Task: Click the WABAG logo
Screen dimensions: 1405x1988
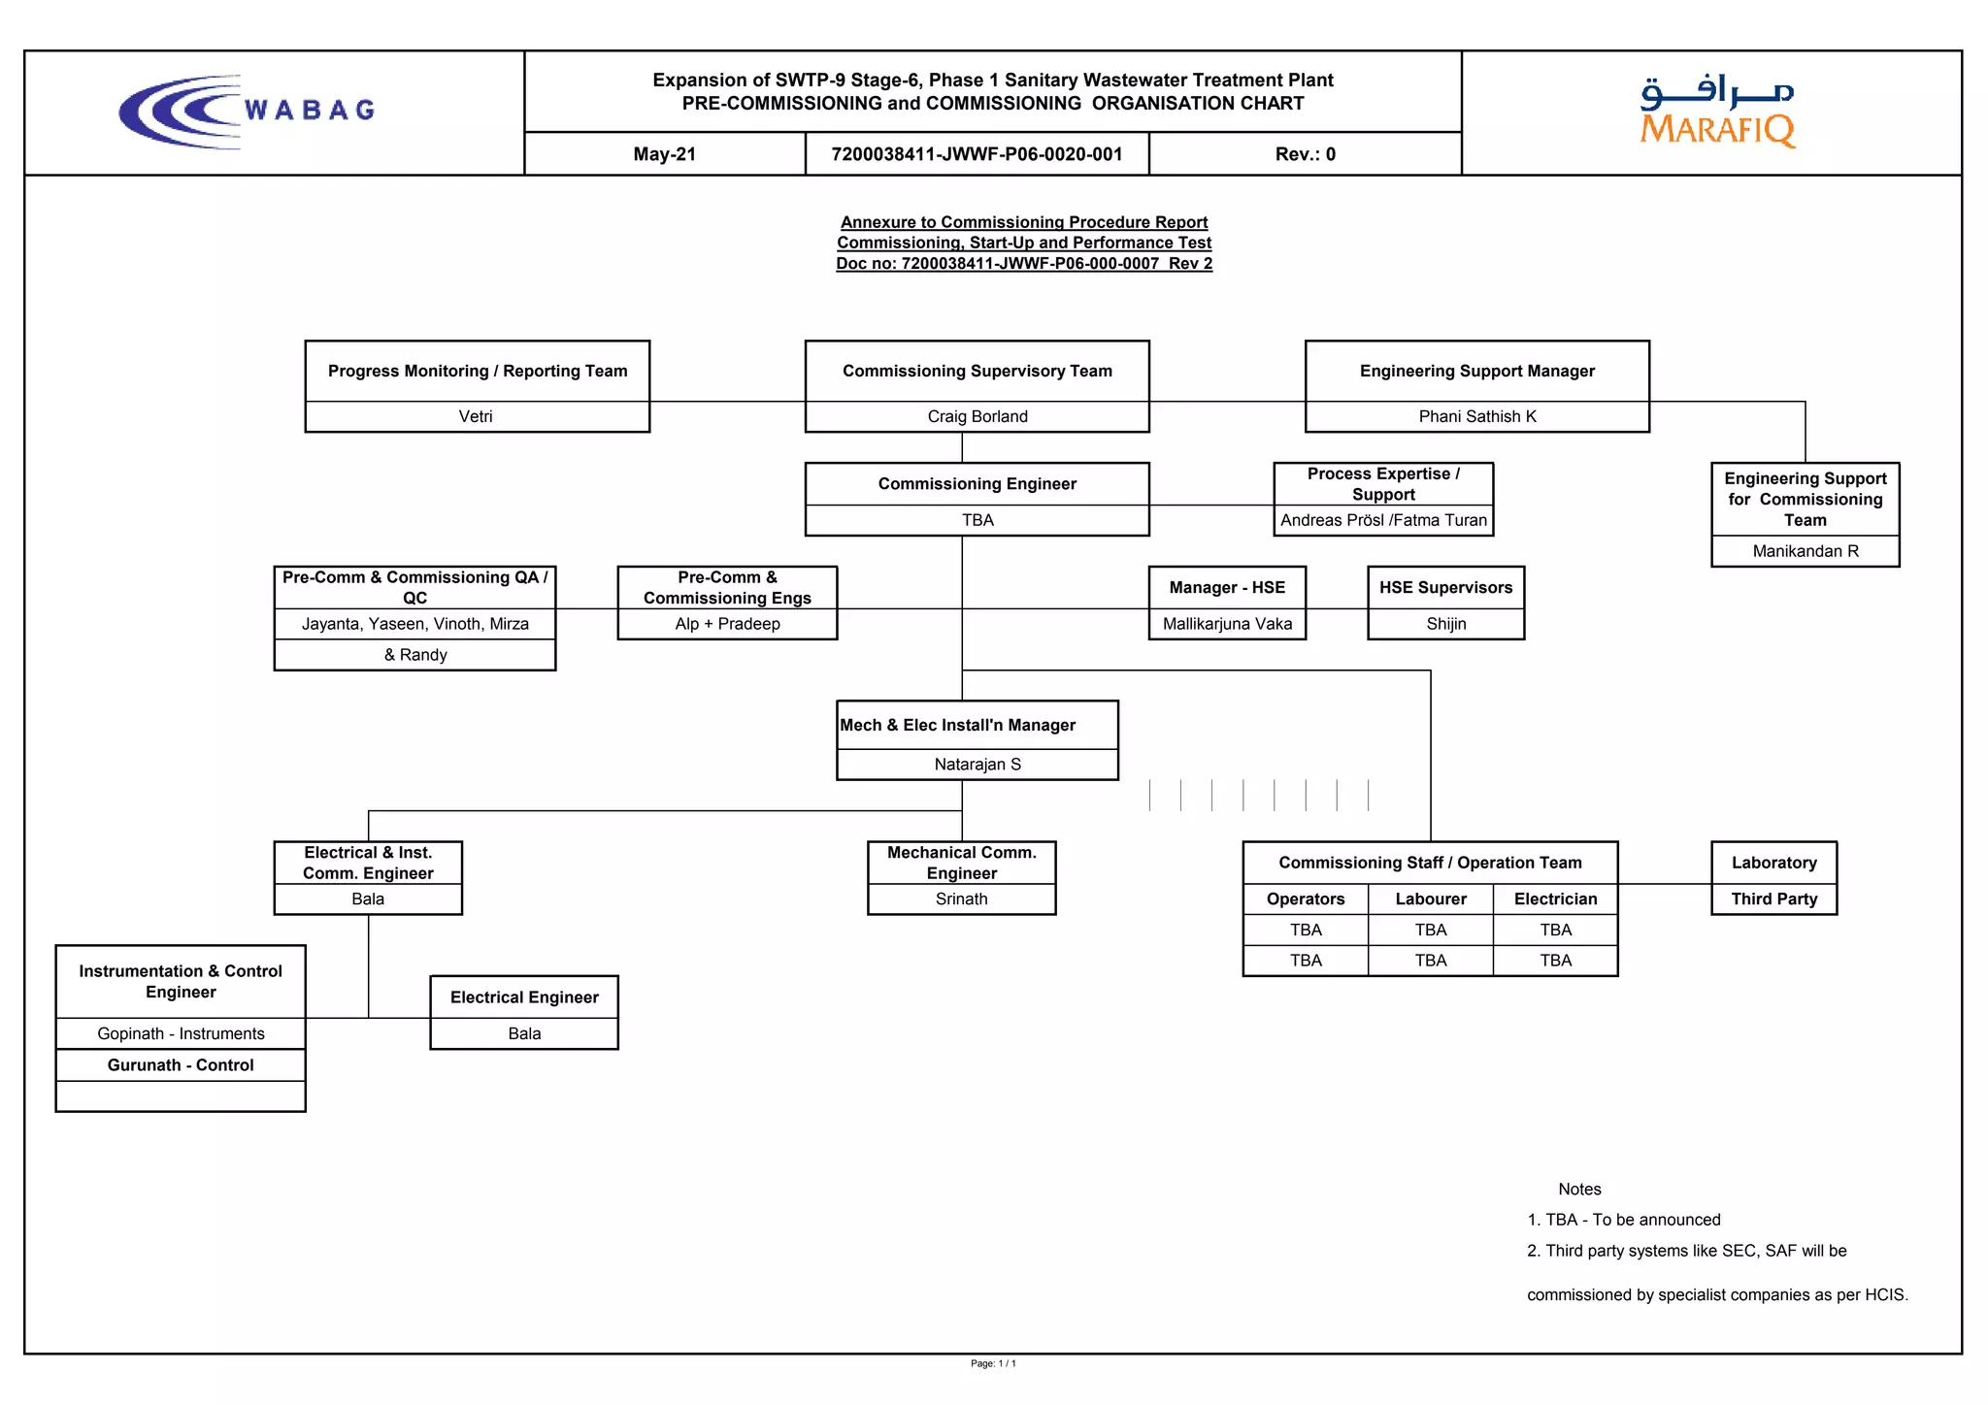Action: point(248,112)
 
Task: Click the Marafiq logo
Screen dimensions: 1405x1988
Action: point(1717,112)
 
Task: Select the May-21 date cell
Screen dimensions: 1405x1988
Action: point(664,154)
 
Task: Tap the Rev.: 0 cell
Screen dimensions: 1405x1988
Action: point(1305,154)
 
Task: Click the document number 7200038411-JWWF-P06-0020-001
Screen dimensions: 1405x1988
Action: point(977,154)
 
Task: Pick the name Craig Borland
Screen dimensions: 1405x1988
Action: point(977,416)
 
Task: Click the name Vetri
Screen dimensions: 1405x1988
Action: point(476,416)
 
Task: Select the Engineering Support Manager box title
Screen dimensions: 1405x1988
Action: point(1476,371)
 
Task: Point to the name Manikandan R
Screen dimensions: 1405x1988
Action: point(1805,551)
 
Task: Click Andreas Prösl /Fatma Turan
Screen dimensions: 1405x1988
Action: point(1383,520)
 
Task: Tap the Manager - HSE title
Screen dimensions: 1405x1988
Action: point(1227,588)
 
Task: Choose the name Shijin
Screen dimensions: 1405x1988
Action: point(1445,624)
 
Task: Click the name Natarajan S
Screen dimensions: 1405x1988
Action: point(977,765)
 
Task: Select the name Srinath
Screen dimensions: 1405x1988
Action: point(961,899)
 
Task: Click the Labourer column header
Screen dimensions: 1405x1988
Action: point(1430,899)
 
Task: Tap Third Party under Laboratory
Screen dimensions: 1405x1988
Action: point(1773,899)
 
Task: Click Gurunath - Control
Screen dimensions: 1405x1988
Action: point(181,1065)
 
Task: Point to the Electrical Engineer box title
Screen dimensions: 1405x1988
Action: point(524,997)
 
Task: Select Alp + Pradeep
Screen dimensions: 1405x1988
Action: point(727,624)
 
